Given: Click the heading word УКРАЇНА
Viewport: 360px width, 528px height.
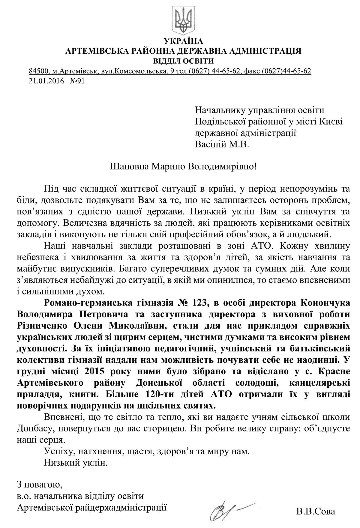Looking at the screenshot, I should point(184,41).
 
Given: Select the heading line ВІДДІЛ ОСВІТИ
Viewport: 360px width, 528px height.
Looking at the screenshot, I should point(184,61).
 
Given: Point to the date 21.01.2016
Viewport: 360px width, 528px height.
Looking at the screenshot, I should point(46,81).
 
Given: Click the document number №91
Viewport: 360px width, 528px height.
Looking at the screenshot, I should point(77,81).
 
